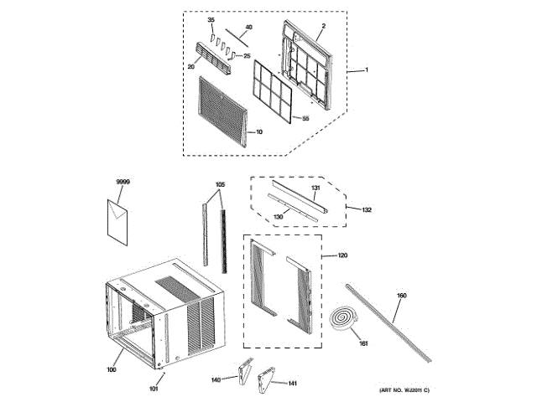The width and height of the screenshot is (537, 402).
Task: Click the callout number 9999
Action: click(x=123, y=182)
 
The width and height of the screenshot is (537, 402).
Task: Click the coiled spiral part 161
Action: click(x=344, y=318)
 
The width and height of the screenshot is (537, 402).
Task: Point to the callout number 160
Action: click(x=401, y=296)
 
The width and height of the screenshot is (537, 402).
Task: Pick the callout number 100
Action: click(x=112, y=369)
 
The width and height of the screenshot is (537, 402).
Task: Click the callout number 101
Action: click(x=153, y=388)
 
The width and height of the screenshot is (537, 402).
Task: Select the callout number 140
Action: click(x=216, y=379)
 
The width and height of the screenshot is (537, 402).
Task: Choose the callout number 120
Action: click(x=341, y=255)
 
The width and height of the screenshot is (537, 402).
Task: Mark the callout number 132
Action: click(x=366, y=209)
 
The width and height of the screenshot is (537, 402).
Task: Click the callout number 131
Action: click(x=316, y=188)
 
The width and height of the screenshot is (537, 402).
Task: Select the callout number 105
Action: click(x=220, y=183)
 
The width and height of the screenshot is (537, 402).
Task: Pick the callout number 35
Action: click(x=211, y=18)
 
